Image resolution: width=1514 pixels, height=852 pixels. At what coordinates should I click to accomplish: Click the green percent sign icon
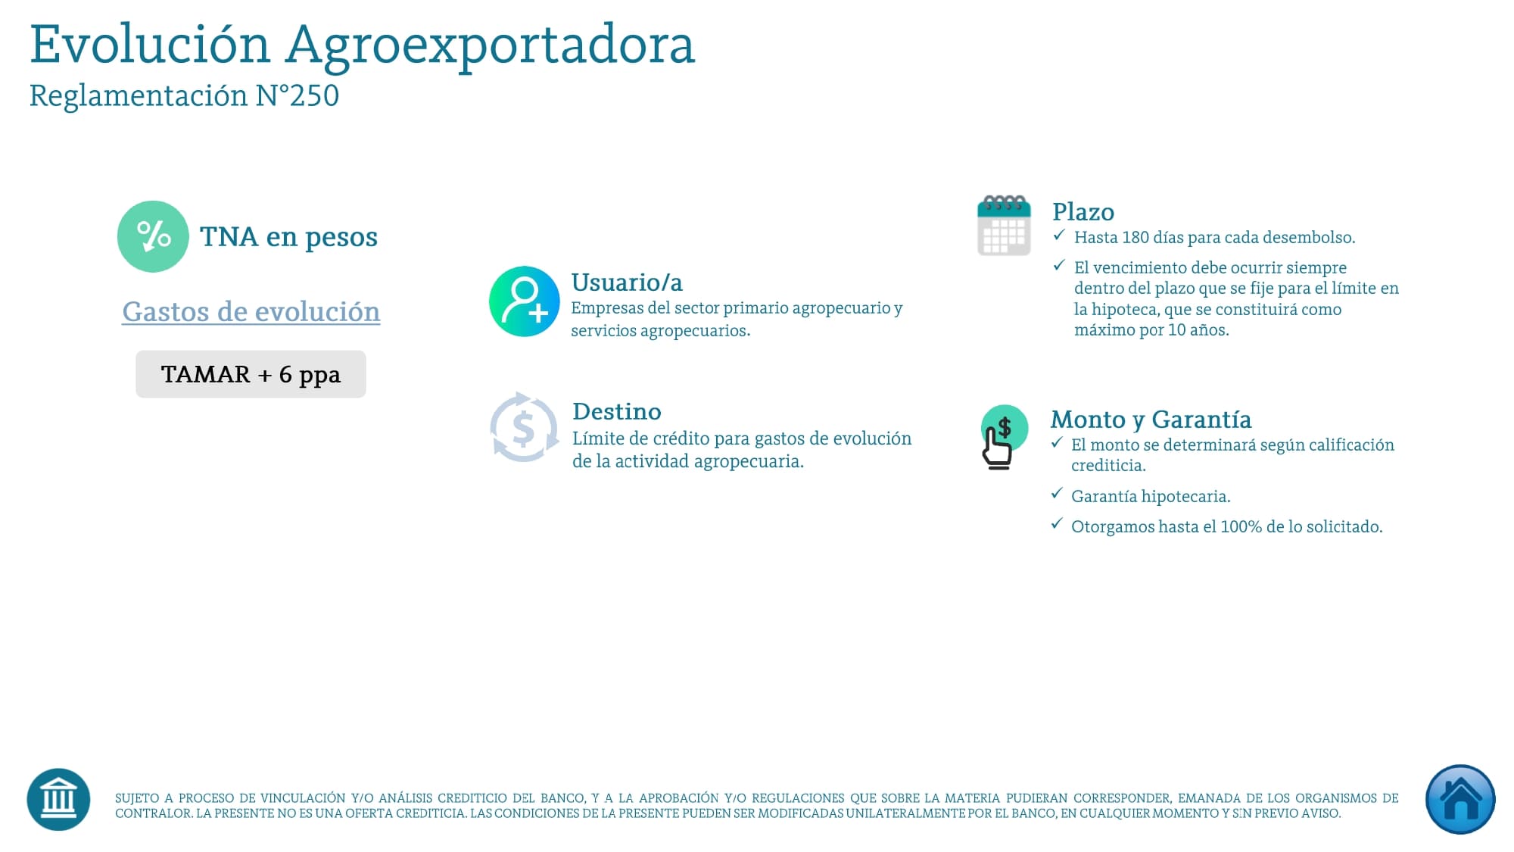pyautogui.click(x=153, y=236)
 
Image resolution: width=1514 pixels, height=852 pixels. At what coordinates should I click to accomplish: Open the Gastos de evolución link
pyautogui.click(x=251, y=312)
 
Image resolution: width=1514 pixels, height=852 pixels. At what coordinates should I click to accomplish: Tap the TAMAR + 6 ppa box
pyautogui.click(x=251, y=374)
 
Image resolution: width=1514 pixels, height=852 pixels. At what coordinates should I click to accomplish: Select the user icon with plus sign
pyautogui.click(x=524, y=301)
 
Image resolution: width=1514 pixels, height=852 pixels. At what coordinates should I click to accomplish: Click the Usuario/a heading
pyautogui.click(x=627, y=282)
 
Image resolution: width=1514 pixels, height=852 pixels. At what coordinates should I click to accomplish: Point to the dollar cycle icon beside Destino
pyautogui.click(x=524, y=428)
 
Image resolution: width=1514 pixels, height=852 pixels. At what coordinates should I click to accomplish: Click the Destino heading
pyautogui.click(x=616, y=411)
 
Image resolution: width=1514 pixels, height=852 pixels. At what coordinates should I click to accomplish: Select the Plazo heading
pyautogui.click(x=1083, y=211)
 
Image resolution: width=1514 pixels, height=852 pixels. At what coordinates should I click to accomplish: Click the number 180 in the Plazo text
pyautogui.click(x=1135, y=238)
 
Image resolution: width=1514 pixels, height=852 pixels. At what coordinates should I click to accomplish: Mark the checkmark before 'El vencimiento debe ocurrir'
pyautogui.click(x=1059, y=265)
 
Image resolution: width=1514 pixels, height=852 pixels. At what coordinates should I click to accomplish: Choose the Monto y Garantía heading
pyautogui.click(x=1151, y=420)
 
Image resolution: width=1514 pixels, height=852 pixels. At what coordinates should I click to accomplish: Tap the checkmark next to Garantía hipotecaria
pyautogui.click(x=1057, y=494)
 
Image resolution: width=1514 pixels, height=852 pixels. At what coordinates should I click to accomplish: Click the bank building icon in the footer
pyautogui.click(x=58, y=800)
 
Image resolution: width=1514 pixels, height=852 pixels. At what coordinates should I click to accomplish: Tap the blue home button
pyautogui.click(x=1459, y=800)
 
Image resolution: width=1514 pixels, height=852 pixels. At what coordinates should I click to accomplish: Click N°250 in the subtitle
pyautogui.click(x=298, y=96)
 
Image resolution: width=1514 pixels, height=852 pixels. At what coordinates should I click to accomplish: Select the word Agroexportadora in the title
pyautogui.click(x=490, y=45)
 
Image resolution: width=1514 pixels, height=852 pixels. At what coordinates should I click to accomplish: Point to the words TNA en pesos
pyautogui.click(x=288, y=237)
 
